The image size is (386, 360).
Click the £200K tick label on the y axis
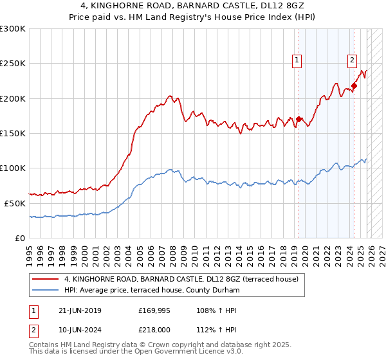13,98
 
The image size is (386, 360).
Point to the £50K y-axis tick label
15,203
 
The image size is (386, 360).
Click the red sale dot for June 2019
299,119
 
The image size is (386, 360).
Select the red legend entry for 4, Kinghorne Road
181,280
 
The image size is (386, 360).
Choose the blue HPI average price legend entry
151,291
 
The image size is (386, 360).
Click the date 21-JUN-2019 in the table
79,310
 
